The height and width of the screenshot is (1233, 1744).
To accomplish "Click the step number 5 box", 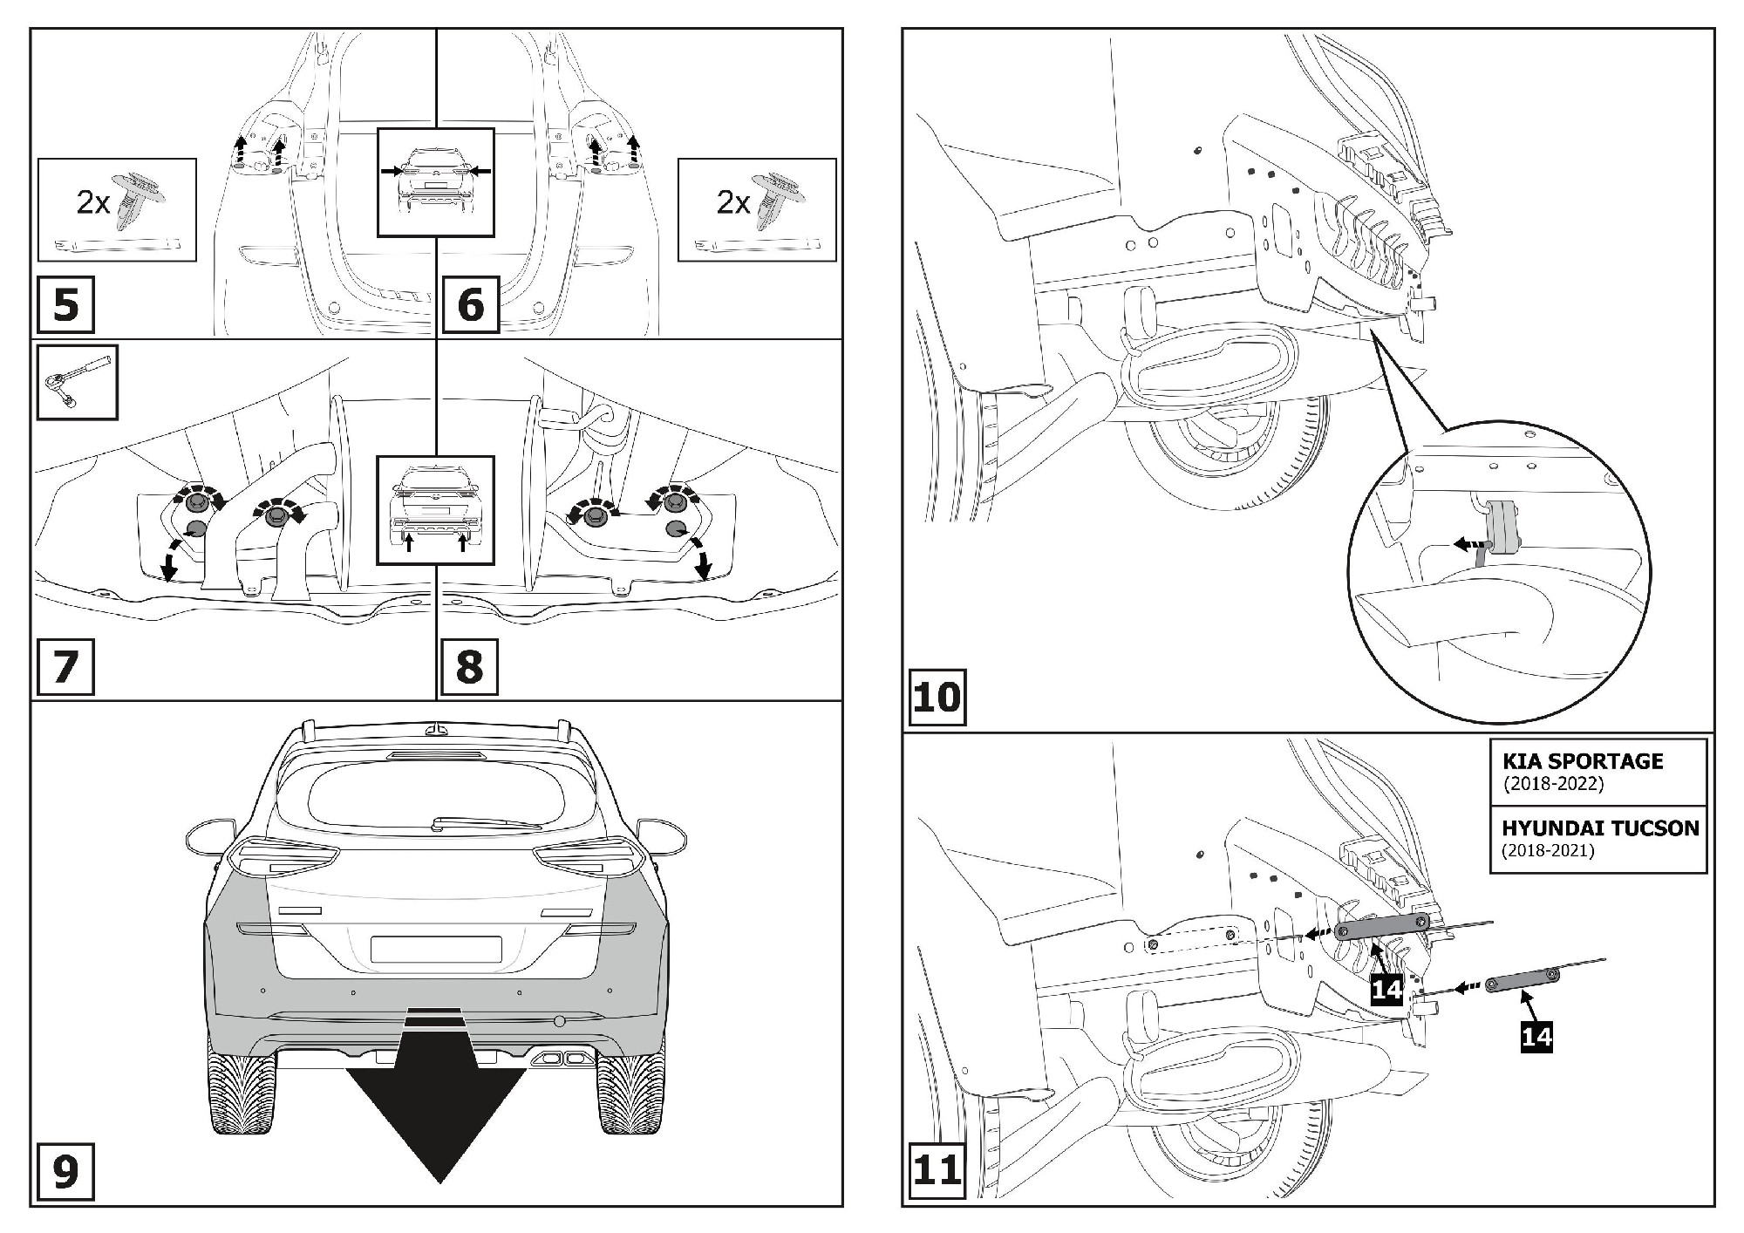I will [65, 305].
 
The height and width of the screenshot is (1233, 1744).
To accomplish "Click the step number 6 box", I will [470, 305].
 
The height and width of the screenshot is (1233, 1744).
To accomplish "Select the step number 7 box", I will [65, 667].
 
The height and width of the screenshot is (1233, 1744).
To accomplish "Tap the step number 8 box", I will [469, 667].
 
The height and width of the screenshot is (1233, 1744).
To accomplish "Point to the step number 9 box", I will [65, 1172].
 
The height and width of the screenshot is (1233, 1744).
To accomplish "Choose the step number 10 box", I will [937, 698].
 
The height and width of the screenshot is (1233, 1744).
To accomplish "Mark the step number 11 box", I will [937, 1170].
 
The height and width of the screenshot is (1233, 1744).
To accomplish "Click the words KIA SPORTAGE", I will [1583, 761].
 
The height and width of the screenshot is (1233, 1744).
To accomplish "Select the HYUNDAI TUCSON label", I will [1600, 828].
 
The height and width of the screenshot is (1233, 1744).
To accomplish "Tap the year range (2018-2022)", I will [1553, 783].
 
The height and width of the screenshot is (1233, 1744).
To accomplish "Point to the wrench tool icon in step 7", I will [77, 382].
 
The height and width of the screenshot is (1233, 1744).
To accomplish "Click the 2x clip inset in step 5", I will [117, 209].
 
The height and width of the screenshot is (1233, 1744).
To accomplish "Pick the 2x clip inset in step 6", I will [756, 209].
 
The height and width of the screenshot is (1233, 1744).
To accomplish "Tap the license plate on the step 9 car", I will [436, 949].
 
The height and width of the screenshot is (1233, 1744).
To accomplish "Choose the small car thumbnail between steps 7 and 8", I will [435, 510].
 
